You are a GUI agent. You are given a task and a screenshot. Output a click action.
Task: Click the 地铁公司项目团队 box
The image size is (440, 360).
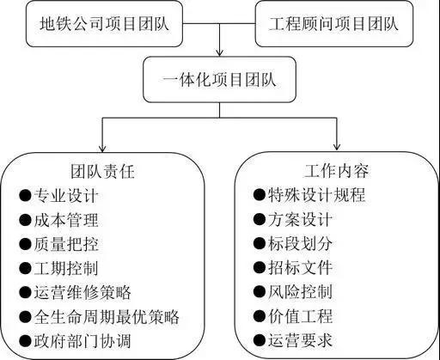click(x=104, y=23)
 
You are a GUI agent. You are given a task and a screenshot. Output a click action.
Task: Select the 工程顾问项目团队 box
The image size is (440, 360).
click(x=334, y=23)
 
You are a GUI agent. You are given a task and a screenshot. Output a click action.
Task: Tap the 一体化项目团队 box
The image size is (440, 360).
click(x=219, y=79)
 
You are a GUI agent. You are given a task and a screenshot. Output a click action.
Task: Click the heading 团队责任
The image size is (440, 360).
click(x=102, y=172)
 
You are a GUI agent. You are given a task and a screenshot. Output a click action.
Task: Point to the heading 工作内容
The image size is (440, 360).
click(x=337, y=171)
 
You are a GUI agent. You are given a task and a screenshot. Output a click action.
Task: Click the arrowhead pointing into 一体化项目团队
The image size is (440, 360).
click(x=219, y=52)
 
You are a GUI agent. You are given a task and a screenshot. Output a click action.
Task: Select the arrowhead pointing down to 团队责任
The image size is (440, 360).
click(x=102, y=148)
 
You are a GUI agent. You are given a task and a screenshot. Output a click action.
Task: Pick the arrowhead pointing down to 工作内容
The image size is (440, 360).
click(x=337, y=146)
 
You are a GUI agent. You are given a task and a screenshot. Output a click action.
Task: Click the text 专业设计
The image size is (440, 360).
click(x=66, y=196)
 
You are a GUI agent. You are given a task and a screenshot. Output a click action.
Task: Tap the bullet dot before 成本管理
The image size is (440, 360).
click(x=25, y=220)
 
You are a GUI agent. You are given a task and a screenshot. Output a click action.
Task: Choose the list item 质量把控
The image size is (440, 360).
click(x=66, y=244)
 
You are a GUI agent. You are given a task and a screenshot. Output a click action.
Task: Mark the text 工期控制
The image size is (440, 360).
click(x=66, y=268)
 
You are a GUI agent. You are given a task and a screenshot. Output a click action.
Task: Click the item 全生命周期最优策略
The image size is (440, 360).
click(x=107, y=317)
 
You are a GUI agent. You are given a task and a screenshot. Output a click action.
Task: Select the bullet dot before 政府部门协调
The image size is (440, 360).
click(x=25, y=341)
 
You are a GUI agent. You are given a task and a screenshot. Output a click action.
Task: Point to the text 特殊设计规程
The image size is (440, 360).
click(x=317, y=195)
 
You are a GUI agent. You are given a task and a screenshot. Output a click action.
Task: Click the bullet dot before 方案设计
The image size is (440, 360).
click(x=260, y=219)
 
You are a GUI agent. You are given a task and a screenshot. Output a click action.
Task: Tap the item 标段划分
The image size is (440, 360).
click(x=301, y=243)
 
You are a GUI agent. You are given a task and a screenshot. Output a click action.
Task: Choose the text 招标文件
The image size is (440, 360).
click(x=301, y=267)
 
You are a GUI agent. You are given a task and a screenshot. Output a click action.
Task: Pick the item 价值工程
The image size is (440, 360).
click(x=301, y=316)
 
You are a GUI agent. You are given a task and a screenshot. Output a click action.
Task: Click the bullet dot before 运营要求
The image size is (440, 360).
click(x=260, y=340)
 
